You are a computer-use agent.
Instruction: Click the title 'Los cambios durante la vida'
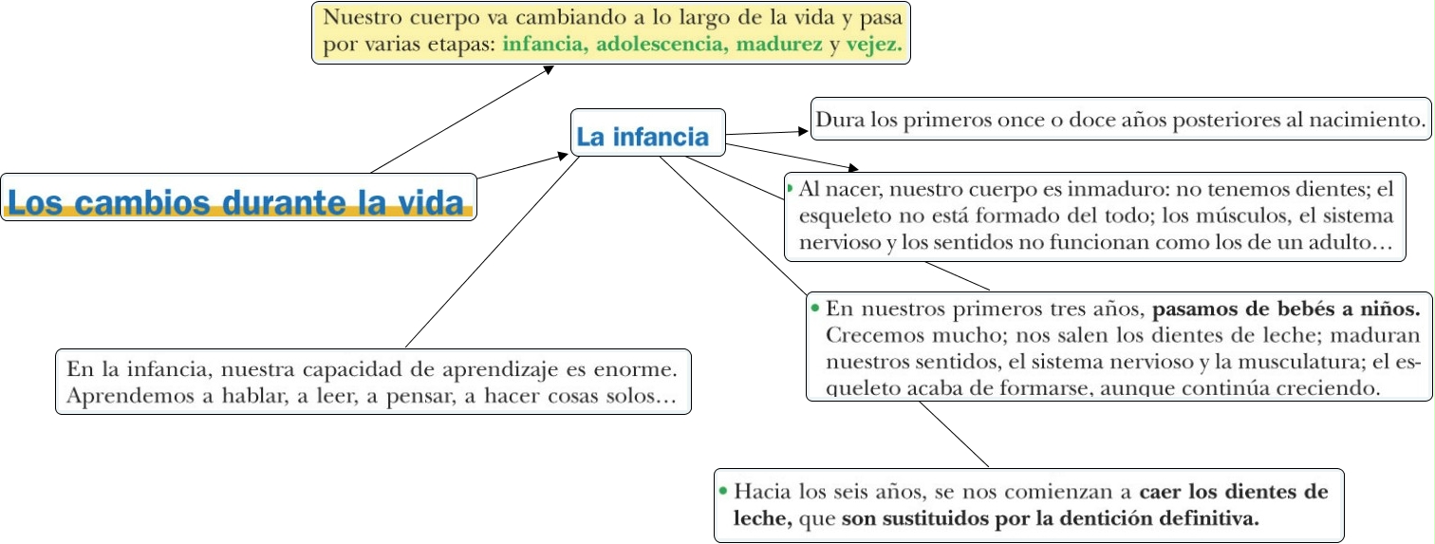tap(237, 201)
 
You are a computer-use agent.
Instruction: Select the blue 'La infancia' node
tap(643, 137)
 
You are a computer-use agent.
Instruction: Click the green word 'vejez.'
tap(873, 46)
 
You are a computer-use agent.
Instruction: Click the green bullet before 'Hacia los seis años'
tap(723, 491)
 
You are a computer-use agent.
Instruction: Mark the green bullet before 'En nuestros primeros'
tap(814, 308)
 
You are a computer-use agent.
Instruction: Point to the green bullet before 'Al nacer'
tap(790, 188)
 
